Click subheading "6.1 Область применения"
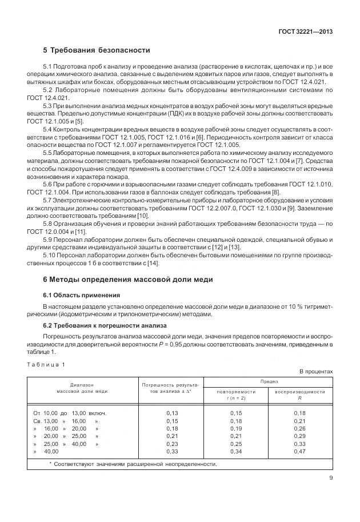[x=82, y=295]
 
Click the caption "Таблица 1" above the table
[x=46, y=364]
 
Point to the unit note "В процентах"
[x=316, y=372]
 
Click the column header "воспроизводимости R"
[x=300, y=395]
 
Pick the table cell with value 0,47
[x=300, y=451]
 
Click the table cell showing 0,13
[x=172, y=413]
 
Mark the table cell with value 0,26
[x=300, y=428]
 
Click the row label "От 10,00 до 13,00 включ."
[x=70, y=413]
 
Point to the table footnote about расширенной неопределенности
[x=133, y=464]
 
